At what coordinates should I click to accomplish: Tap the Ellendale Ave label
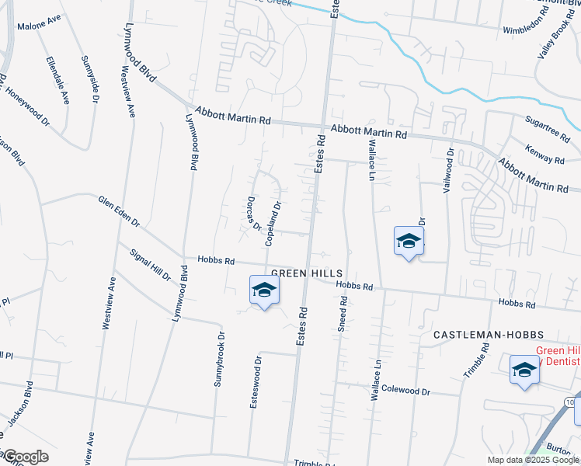(57, 80)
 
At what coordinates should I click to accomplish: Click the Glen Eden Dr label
(119, 211)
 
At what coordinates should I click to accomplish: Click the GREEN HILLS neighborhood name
(307, 273)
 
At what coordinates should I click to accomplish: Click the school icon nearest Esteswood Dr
(264, 291)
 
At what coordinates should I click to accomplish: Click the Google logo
(25, 457)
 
